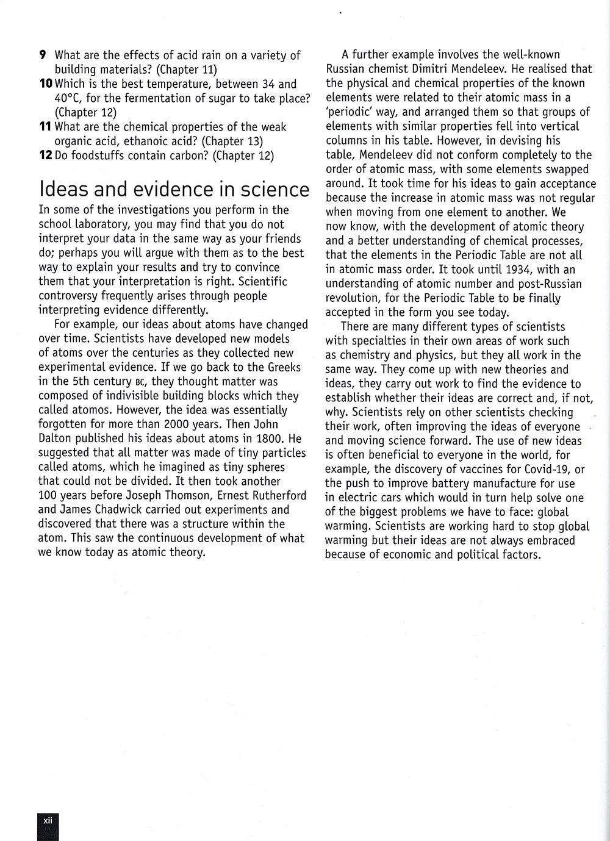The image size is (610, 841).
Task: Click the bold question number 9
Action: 43,55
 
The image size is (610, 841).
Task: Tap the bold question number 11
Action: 44,127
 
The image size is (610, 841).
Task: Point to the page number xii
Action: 48,820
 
